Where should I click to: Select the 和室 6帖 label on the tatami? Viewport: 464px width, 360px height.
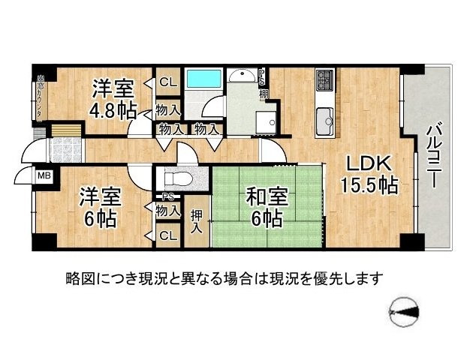[x=267, y=208]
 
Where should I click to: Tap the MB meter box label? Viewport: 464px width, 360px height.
[x=44, y=176]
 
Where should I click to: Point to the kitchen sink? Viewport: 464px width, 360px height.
[x=325, y=120]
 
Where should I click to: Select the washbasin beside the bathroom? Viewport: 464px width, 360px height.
[x=242, y=77]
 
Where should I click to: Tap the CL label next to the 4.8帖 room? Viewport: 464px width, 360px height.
[x=167, y=82]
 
